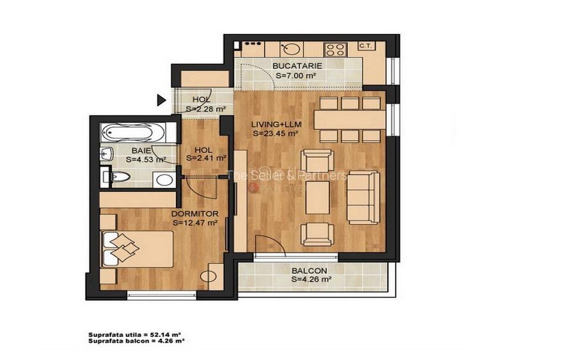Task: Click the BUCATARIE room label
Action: tap(297, 66)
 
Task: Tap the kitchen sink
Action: tap(291, 49)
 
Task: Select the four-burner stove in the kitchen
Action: tap(334, 49)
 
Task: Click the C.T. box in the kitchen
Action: tap(365, 45)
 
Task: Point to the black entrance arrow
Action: tap(162, 100)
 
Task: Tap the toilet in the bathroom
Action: tap(120, 177)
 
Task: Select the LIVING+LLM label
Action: tap(276, 124)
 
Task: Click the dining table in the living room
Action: tap(349, 120)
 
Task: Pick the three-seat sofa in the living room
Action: tap(363, 197)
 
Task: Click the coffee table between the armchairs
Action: tap(318, 198)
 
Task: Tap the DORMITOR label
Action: tap(195, 214)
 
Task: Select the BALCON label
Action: tap(309, 271)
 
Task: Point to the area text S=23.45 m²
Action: tap(275, 134)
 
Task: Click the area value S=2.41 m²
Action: tap(207, 158)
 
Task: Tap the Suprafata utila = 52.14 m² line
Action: tap(135, 334)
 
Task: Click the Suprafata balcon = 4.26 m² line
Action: tap(136, 341)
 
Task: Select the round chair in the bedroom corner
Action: tap(208, 276)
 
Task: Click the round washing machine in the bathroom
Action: tap(164, 180)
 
